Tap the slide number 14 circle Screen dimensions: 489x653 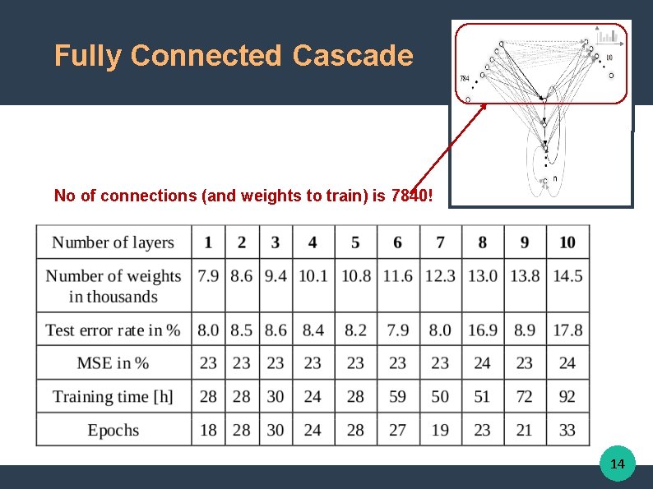pyautogui.click(x=617, y=464)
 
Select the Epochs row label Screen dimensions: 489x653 pyautogui.click(x=113, y=430)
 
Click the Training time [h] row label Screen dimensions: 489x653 pyautogui.click(x=113, y=396)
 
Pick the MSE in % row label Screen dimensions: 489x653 pyautogui.click(x=113, y=362)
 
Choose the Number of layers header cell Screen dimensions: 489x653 pyautogui.click(x=113, y=242)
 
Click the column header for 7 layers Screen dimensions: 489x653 pyautogui.click(x=440, y=242)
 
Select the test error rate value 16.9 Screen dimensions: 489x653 pyautogui.click(x=482, y=330)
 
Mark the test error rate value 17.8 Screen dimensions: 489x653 pyautogui.click(x=567, y=330)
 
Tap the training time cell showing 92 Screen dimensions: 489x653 pyautogui.click(x=567, y=396)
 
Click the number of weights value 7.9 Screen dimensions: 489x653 pyautogui.click(x=208, y=276)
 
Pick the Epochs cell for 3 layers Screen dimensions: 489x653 pyautogui.click(x=276, y=430)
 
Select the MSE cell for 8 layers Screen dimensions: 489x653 pyautogui.click(x=482, y=362)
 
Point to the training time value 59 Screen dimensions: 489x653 pyautogui.click(x=397, y=396)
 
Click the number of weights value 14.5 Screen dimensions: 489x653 pyautogui.click(x=567, y=276)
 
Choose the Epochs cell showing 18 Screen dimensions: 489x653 pyautogui.click(x=208, y=430)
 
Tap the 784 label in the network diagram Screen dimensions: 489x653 pyautogui.click(x=464, y=79)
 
